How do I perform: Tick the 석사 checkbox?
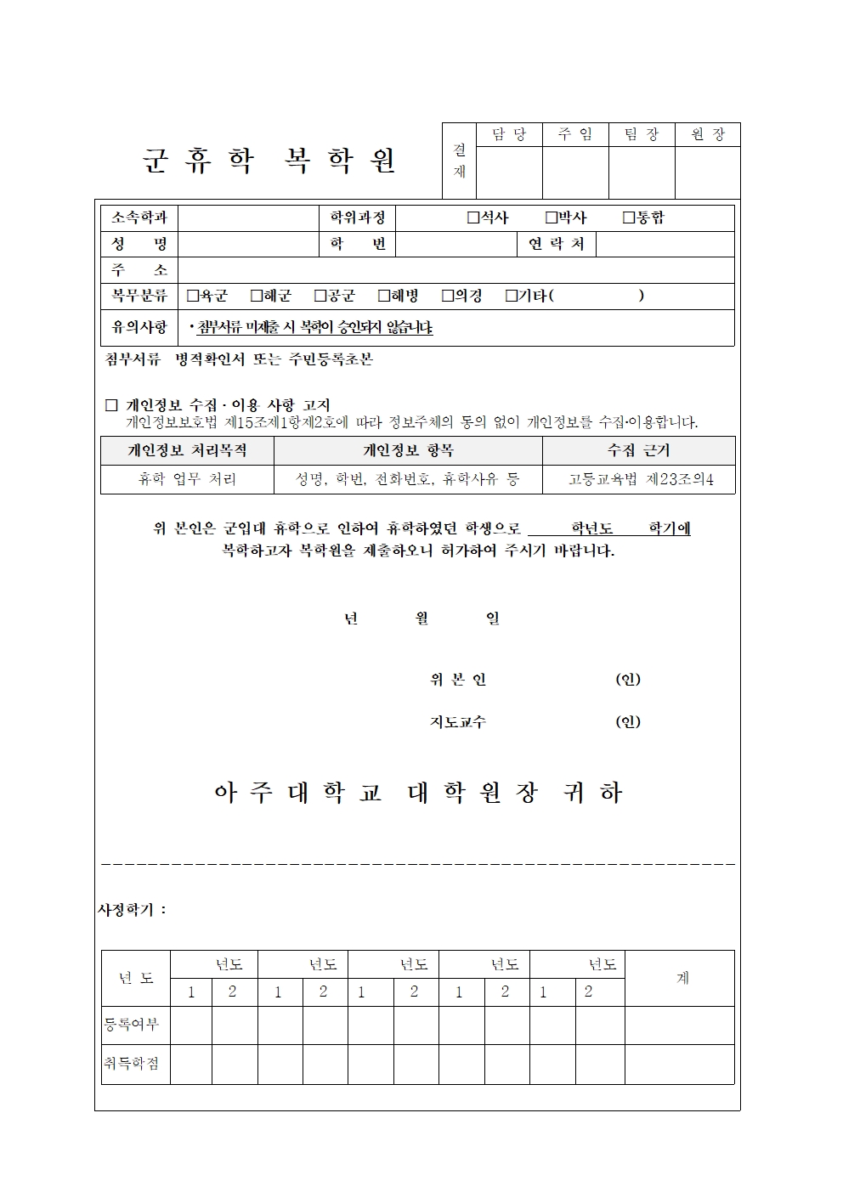(473, 218)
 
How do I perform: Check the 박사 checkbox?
(551, 218)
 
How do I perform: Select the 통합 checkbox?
(629, 218)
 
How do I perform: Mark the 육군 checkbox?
(193, 296)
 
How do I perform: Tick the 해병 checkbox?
(384, 296)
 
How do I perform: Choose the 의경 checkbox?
(448, 296)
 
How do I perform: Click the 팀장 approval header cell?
(642, 134)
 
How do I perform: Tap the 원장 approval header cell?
(708, 134)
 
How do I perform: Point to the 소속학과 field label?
(139, 218)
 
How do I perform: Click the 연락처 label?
(557, 245)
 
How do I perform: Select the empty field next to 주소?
(455, 270)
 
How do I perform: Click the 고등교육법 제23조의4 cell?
(640, 479)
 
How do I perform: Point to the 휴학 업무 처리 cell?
(187, 479)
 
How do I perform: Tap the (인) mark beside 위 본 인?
(628, 680)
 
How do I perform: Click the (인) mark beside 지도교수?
(628, 722)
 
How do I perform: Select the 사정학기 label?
(132, 910)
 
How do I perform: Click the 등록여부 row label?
(132, 1025)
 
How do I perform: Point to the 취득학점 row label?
(132, 1064)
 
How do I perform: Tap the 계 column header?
(682, 978)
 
